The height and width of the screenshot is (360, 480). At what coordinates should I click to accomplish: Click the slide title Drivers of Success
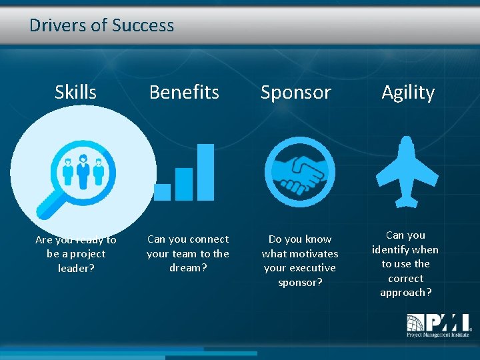pos(101,25)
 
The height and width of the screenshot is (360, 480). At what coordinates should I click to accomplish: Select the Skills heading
pos(75,92)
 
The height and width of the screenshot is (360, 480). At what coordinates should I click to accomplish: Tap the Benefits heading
pos(184,92)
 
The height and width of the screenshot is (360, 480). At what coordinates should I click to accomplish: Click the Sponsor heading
pos(295,92)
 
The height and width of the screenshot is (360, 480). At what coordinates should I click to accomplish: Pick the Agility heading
pos(407,92)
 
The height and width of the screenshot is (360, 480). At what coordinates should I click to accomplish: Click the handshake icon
pos(299,171)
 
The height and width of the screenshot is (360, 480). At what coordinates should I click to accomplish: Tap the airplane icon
pos(407,171)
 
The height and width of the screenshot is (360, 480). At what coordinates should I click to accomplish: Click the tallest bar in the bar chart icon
pos(206,172)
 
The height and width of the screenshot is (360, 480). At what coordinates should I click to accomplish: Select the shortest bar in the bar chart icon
pos(162,192)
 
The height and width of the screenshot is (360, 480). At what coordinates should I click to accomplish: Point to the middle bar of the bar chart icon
pos(184,184)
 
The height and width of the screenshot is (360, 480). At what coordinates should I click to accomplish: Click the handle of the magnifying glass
pos(49,207)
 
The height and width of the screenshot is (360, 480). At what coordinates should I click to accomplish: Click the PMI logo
pos(438,325)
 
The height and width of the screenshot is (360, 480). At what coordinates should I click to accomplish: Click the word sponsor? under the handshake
pos(299,282)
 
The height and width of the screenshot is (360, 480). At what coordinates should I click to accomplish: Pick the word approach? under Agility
pos(405,293)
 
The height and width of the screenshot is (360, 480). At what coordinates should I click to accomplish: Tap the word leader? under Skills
pos(75,268)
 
